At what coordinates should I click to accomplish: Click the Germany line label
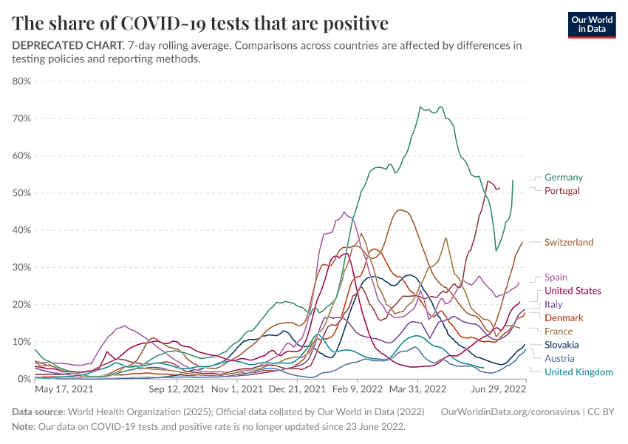[x=563, y=178]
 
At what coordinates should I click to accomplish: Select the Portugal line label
[x=562, y=191]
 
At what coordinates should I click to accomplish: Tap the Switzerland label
[x=568, y=243]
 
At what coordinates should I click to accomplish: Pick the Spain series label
[x=556, y=277]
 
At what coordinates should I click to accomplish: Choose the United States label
[x=573, y=291]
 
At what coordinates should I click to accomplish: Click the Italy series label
[x=553, y=304]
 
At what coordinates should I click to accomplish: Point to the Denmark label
[x=564, y=317]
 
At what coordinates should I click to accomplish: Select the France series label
[x=559, y=331]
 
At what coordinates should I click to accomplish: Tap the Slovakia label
[x=562, y=345]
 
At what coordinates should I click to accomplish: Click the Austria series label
[x=559, y=358]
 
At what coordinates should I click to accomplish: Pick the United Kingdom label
[x=578, y=371]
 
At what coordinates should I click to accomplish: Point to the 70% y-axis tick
[x=21, y=118]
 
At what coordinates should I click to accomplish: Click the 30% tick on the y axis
[x=21, y=267]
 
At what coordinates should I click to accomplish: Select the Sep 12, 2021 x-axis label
[x=177, y=388]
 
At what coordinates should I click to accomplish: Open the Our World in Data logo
[x=592, y=24]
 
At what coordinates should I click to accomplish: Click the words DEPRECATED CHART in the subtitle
[x=66, y=45]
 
